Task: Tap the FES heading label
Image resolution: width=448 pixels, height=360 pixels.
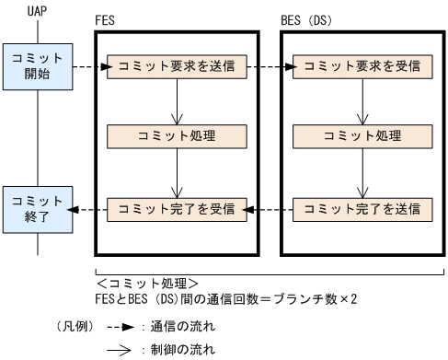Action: [106, 19]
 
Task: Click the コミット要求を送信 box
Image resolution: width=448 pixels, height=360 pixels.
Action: [176, 66]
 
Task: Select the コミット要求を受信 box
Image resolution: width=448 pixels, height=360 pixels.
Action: [361, 66]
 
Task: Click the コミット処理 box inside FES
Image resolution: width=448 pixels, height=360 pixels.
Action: [176, 137]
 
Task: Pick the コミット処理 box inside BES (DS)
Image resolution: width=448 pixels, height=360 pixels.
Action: [361, 137]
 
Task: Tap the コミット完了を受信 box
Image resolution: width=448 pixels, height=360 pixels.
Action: [176, 208]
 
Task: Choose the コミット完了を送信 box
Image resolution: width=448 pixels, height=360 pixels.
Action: [361, 208]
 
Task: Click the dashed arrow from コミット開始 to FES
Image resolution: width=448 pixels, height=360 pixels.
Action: [89, 66]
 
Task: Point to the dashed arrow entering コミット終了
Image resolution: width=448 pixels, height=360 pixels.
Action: [89, 208]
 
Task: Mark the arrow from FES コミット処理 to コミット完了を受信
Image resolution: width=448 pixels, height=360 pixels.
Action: [176, 172]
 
